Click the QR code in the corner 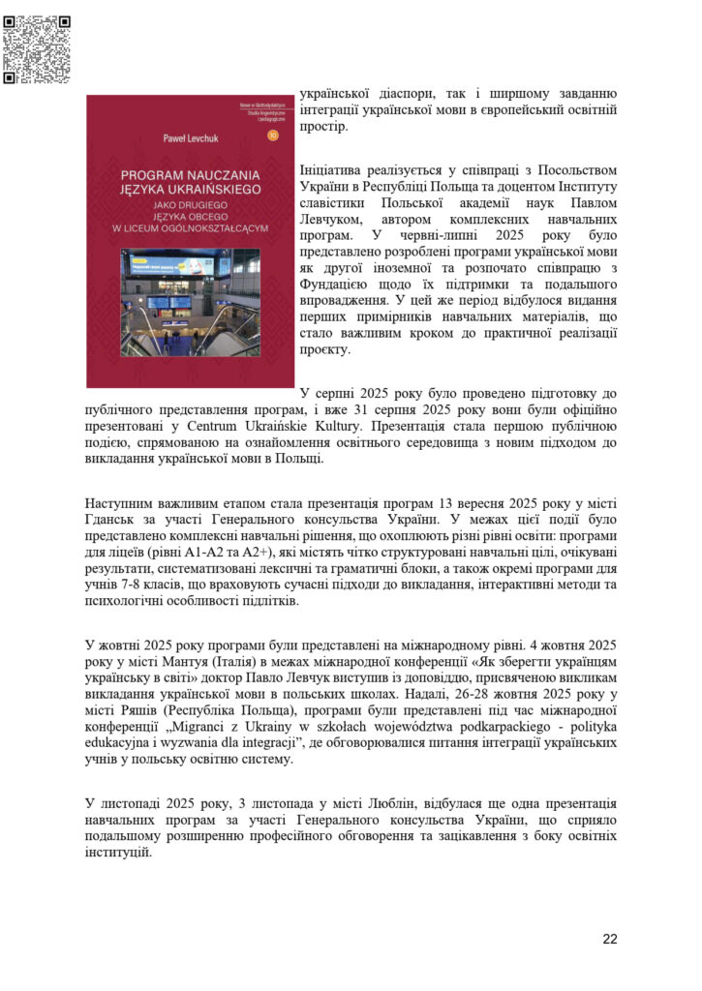(x=38, y=48)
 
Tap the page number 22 (x=609, y=938)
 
